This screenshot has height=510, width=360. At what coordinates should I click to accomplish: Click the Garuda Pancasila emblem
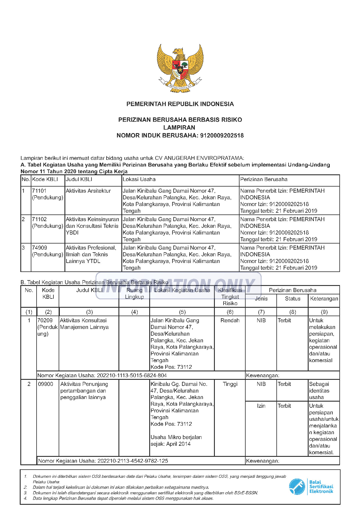(180, 68)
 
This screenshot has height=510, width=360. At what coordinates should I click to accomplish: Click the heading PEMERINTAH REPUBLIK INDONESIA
(180, 104)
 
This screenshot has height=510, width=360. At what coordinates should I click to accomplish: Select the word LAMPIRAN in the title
(179, 128)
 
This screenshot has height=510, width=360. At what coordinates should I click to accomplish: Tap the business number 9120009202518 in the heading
(222, 135)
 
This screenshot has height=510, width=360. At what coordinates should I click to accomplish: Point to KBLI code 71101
(39, 191)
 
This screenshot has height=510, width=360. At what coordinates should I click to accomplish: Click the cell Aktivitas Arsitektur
(88, 191)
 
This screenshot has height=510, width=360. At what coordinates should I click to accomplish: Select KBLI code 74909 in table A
(39, 248)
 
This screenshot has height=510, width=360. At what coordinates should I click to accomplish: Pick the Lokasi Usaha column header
(139, 180)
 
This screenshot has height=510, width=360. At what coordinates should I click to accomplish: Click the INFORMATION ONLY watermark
(178, 286)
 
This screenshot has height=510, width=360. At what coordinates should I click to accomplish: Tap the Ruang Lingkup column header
(134, 294)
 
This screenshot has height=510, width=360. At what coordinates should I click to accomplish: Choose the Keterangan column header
(324, 299)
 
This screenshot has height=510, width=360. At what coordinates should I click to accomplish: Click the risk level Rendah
(230, 321)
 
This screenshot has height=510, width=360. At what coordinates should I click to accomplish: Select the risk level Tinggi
(230, 384)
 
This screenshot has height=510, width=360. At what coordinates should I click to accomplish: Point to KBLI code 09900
(46, 384)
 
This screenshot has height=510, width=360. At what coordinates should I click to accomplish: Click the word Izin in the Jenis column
(261, 406)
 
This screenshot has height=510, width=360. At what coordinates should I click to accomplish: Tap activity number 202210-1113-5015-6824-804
(132, 375)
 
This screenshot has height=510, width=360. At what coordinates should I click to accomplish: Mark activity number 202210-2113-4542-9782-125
(133, 461)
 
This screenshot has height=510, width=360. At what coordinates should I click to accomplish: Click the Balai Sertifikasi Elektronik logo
(311, 487)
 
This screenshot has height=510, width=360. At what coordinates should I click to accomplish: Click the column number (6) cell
(230, 312)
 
